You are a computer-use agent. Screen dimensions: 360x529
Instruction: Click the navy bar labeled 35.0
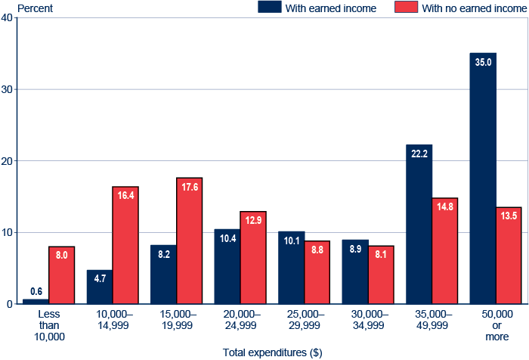coord(483,182)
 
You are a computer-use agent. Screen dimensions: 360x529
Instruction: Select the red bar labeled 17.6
coord(190,242)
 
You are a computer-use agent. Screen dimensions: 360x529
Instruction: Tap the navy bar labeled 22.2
coord(419,227)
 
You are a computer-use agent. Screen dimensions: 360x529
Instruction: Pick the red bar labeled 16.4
coord(125,246)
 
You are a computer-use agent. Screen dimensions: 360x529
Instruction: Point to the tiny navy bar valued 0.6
coord(36,301)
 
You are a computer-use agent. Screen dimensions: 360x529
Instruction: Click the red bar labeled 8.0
coord(61,276)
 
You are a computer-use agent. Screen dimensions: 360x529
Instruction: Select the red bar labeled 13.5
coord(509,257)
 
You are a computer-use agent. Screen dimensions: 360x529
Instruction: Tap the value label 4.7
coord(100,278)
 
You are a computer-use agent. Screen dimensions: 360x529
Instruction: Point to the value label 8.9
coord(355,248)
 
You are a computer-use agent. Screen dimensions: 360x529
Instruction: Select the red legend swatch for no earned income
coord(406,8)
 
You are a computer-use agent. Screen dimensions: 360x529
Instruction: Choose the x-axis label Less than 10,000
coord(48,324)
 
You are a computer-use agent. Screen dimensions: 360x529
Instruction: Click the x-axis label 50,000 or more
coord(496,324)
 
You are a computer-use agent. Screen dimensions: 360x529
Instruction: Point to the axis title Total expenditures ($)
coord(273,352)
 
